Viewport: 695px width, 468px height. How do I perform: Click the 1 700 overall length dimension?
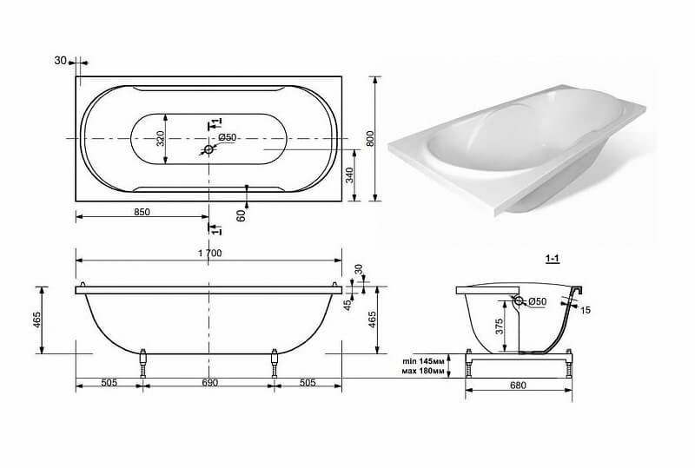210,254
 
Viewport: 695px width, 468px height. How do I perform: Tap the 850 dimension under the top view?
142,212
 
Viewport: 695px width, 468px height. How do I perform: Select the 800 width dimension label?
371,138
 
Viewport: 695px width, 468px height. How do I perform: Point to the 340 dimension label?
350,175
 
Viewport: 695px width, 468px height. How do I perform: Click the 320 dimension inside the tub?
161,138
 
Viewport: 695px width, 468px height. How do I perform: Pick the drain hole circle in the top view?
208,150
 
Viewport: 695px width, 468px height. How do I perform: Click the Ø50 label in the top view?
228,138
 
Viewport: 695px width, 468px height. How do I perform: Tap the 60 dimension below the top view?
242,216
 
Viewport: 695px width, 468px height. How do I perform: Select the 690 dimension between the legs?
209,383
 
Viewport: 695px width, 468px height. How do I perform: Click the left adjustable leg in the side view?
143,364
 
